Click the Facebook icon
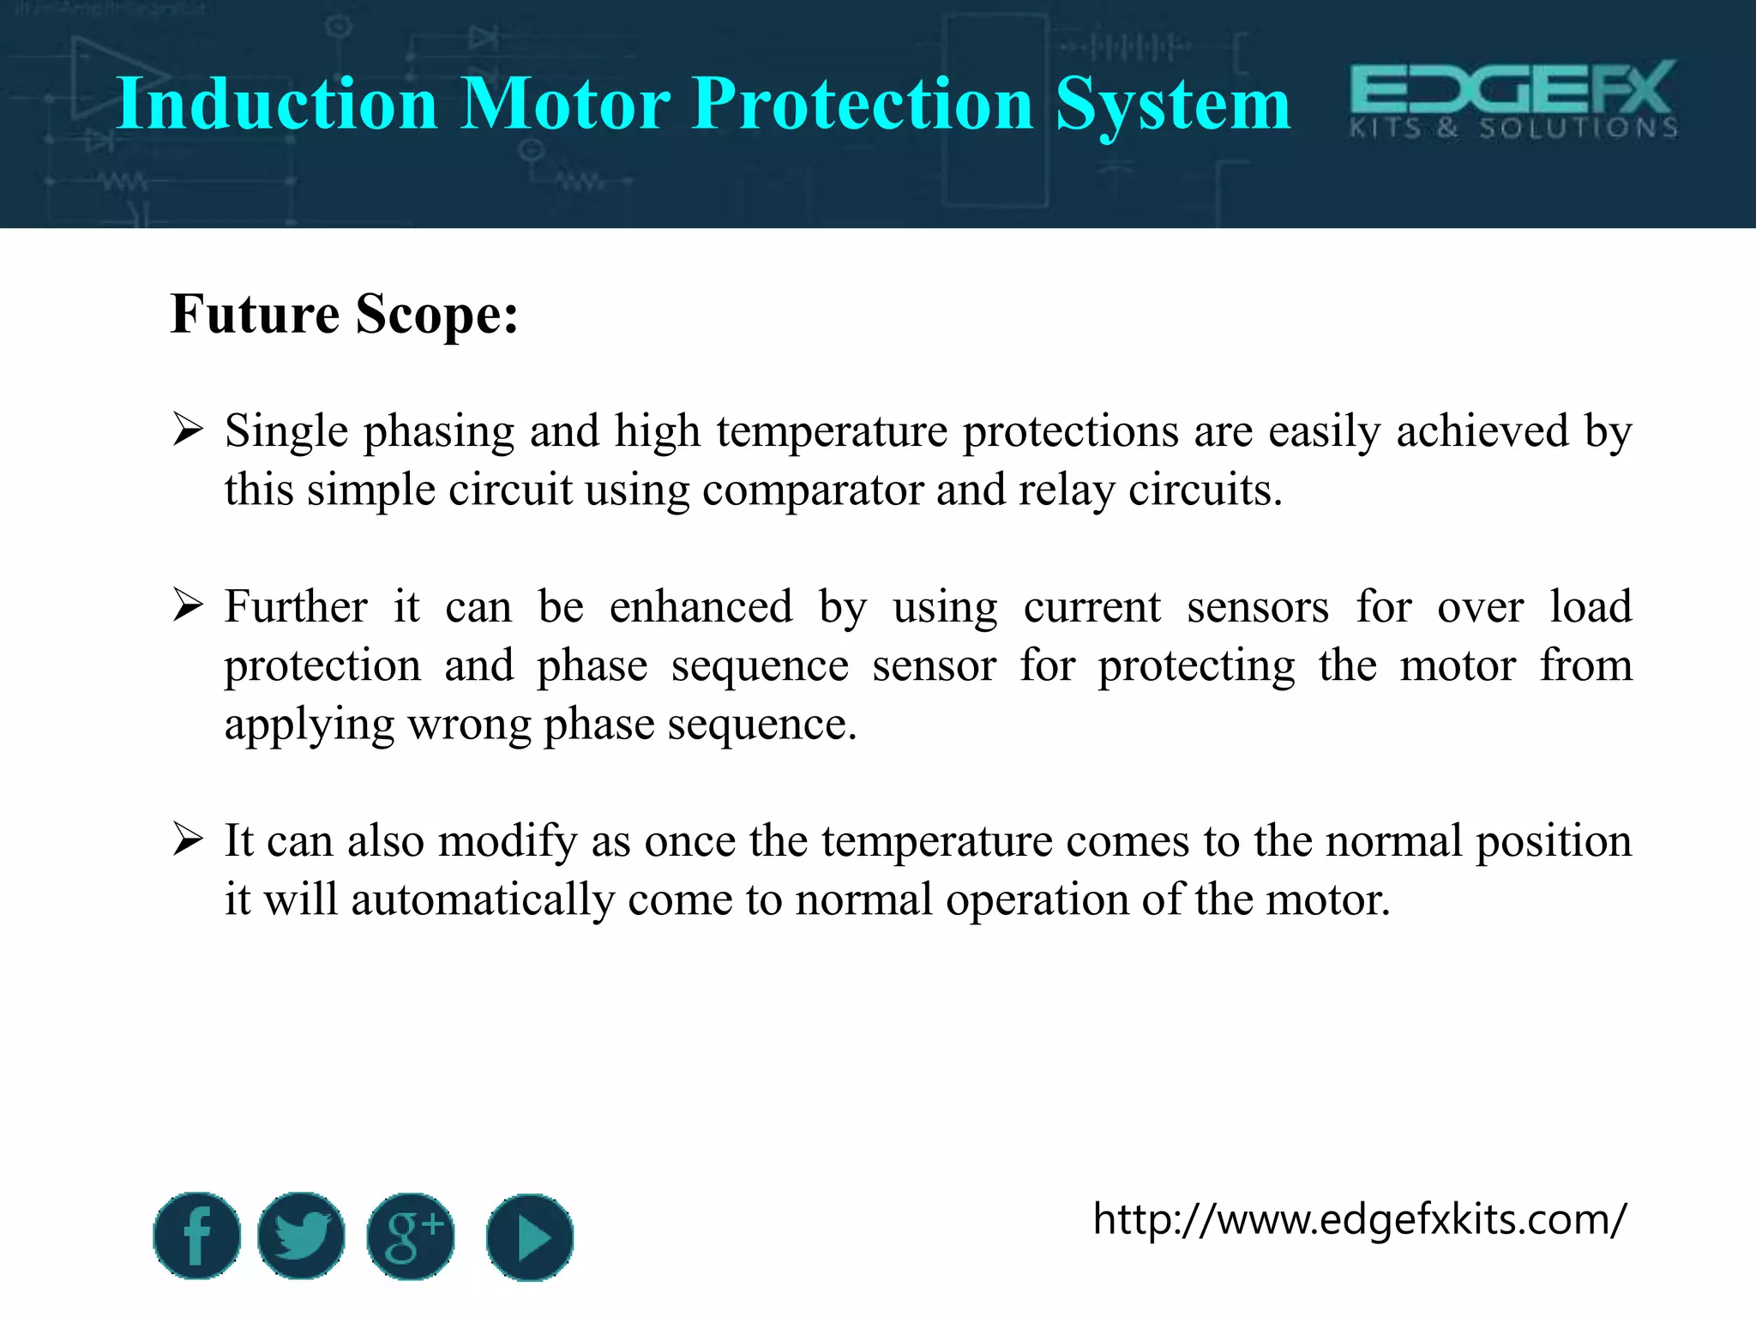click(196, 1236)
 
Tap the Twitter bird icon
click(301, 1236)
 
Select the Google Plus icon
click(411, 1236)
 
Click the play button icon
click(530, 1237)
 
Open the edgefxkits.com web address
click(1359, 1218)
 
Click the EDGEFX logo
click(1513, 99)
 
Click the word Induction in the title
click(277, 104)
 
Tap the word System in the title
click(1172, 104)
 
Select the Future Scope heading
click(345, 314)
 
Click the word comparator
click(811, 490)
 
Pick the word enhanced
click(701, 607)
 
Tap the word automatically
click(483, 900)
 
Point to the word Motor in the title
click(565, 104)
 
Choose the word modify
click(508, 841)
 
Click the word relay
click(1067, 490)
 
